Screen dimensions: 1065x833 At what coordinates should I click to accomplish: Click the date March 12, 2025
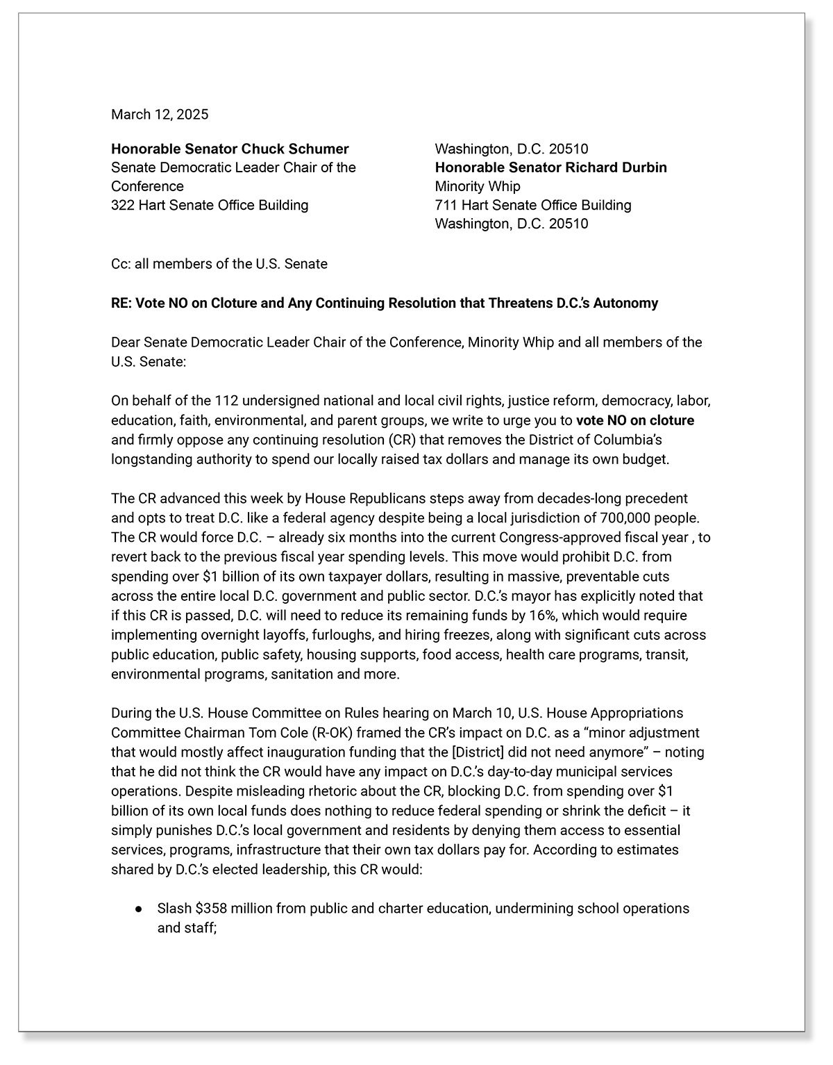coord(160,115)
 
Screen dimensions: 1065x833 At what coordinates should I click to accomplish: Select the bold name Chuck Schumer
coord(294,149)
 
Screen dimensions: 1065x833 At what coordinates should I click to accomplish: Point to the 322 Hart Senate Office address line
coord(210,205)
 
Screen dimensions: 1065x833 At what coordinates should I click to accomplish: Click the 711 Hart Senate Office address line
coord(532,205)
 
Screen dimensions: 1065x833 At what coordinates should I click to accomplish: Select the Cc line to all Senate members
coord(219,264)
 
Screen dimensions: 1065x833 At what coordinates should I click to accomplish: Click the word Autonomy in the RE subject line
coord(628,303)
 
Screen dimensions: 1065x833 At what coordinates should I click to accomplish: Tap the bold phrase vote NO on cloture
coord(634,420)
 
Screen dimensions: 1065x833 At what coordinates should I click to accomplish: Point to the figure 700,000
coord(619,518)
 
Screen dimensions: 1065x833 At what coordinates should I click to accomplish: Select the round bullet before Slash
coord(139,909)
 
